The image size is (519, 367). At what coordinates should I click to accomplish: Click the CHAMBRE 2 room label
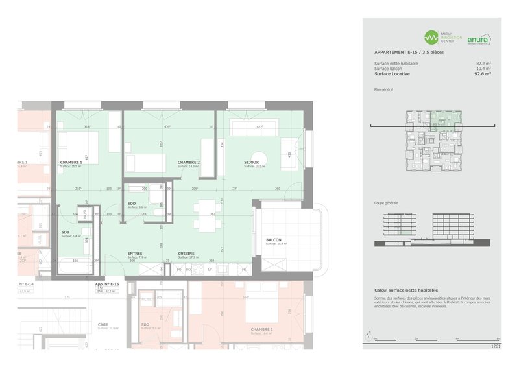pyautogui.click(x=189, y=162)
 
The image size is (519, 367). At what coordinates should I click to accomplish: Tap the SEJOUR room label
pyautogui.click(x=252, y=162)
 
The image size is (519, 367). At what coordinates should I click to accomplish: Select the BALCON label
pyautogui.click(x=274, y=240)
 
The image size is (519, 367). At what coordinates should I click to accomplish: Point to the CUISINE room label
pyautogui.click(x=187, y=254)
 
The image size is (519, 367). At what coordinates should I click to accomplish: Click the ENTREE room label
pyautogui.click(x=135, y=254)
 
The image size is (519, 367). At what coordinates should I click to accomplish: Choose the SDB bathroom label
pyautogui.click(x=66, y=232)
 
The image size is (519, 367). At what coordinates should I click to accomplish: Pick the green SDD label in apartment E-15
pyautogui.click(x=132, y=203)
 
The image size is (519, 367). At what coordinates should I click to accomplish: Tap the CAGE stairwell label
pyautogui.click(x=103, y=324)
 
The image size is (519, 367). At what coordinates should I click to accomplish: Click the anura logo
pyautogui.click(x=478, y=39)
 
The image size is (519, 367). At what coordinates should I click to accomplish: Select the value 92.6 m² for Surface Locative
pyautogui.click(x=482, y=74)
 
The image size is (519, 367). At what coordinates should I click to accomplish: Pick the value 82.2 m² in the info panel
pyautogui.click(x=483, y=63)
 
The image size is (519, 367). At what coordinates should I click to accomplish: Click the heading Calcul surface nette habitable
pyautogui.click(x=406, y=290)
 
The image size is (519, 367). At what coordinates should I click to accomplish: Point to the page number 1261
pyautogui.click(x=496, y=347)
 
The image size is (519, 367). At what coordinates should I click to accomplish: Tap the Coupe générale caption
pyautogui.click(x=386, y=203)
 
